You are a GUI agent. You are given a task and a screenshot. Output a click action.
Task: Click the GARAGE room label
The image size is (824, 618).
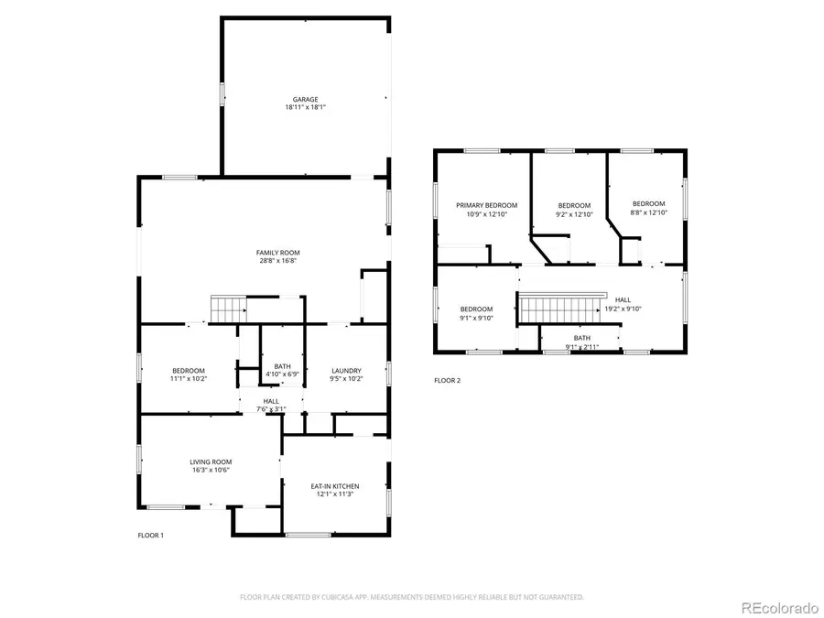pyautogui.click(x=305, y=99)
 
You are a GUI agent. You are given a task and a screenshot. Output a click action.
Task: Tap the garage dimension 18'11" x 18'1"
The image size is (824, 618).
pyautogui.click(x=305, y=107)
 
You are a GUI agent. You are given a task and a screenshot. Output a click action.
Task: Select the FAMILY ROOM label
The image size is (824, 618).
pyautogui.click(x=278, y=253)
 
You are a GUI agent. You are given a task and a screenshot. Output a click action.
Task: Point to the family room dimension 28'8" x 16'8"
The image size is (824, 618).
pyautogui.click(x=278, y=261)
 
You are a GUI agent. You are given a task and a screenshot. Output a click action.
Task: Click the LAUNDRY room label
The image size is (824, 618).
pyautogui.click(x=346, y=371)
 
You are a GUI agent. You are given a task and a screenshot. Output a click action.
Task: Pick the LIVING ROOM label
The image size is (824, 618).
pyautogui.click(x=211, y=462)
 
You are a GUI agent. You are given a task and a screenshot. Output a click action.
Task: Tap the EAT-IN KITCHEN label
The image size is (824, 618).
pyautogui.click(x=335, y=487)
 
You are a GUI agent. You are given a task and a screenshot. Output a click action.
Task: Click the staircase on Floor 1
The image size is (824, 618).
pyautogui.click(x=229, y=309)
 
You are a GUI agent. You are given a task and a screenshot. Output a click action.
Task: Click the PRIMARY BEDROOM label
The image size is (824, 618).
pyautogui.click(x=487, y=205)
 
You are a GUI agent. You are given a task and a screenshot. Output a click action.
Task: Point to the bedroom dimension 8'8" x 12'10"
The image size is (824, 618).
pyautogui.click(x=648, y=212)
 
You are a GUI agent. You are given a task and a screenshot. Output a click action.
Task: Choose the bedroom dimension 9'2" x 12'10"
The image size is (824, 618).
pyautogui.click(x=574, y=214)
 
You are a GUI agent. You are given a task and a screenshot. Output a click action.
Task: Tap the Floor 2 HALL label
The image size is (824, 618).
pyautogui.click(x=623, y=300)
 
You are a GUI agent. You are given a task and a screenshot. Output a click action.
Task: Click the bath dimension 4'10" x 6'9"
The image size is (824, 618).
pyautogui.click(x=282, y=374)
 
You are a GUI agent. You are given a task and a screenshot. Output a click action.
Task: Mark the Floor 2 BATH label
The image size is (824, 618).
pyautogui.click(x=581, y=338)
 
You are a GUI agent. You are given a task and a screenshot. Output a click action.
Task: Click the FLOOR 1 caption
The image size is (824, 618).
pyautogui.click(x=151, y=536)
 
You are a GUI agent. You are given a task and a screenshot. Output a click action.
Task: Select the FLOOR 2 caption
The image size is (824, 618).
pyautogui.click(x=447, y=381)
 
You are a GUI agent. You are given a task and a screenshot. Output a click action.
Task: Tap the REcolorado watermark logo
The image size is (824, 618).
pyautogui.click(x=779, y=608)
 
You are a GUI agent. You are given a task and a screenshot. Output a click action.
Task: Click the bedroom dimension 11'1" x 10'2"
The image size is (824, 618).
pyautogui.click(x=188, y=378)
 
